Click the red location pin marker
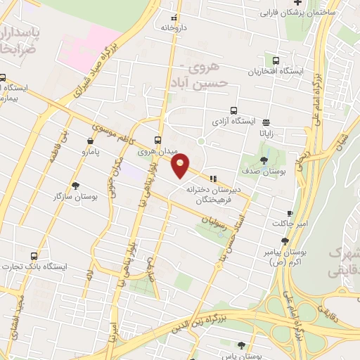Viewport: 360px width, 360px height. pos(181,165)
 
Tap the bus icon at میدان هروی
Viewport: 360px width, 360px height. pos(157,140)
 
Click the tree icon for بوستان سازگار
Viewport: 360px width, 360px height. pos(75,186)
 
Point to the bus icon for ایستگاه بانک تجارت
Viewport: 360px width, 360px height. pos(34,255)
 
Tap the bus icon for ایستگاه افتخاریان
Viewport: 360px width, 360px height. pos(275,61)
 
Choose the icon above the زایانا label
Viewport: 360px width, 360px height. pos(264,120)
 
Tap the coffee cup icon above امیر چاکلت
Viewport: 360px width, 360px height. pos(290,213)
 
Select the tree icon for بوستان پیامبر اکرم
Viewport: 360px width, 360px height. pos(284,241)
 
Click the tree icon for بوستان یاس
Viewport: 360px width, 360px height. pos(241,345)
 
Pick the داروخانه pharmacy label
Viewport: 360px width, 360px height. pos(174,27)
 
